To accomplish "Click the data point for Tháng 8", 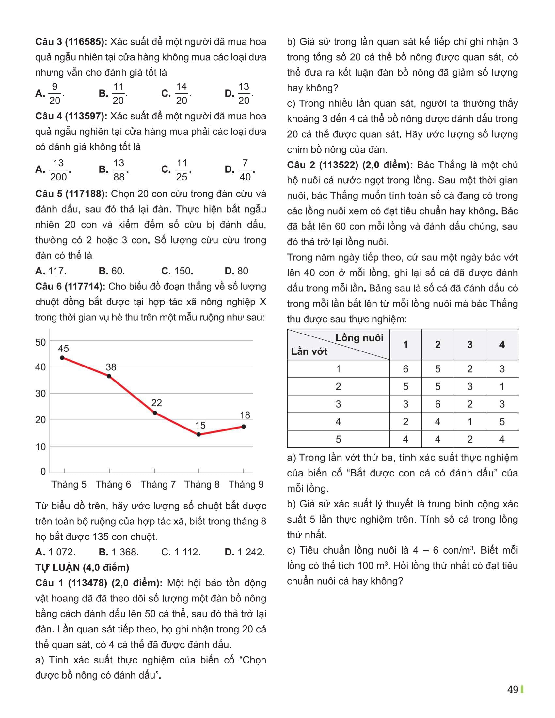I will point(198,434).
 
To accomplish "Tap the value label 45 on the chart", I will point(63,349).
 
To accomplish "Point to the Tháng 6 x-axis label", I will point(113,484).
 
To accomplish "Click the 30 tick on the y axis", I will point(40,394).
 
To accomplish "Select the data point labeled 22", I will point(155,413).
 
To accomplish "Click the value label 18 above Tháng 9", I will point(245,415).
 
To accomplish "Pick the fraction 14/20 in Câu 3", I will point(181,94).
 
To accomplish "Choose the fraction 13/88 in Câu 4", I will point(119,170).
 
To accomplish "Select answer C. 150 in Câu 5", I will point(177,271).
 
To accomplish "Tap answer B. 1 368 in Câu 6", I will point(119,552).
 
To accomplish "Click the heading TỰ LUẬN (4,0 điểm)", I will point(82,568).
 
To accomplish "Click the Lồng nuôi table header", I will point(359,338).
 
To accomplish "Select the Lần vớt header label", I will point(309,351).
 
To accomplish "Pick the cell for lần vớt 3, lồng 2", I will point(437,404).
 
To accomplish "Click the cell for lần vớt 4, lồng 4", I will point(502,421).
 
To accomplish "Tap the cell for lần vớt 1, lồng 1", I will point(405,369).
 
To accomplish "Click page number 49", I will point(513,689).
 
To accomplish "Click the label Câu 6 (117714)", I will point(70,286).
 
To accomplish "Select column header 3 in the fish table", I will point(469,344).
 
